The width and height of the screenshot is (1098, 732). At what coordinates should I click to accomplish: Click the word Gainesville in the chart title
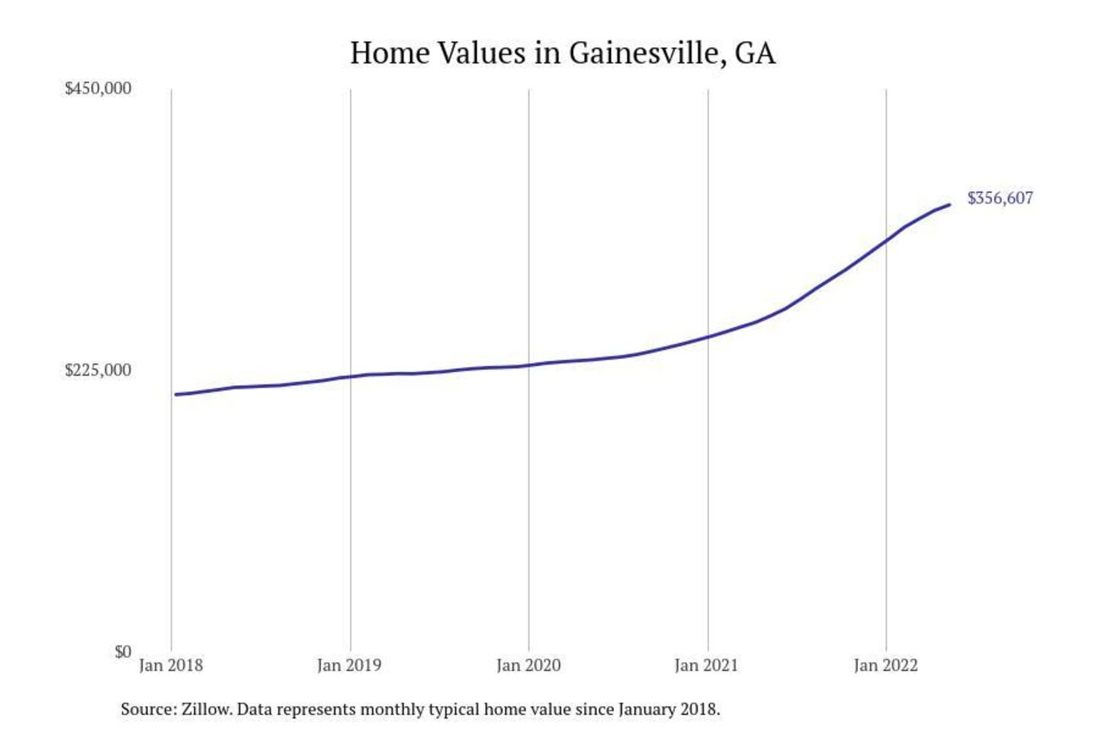pyautogui.click(x=644, y=53)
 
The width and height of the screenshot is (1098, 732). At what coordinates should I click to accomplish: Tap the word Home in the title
pyautogui.click(x=390, y=53)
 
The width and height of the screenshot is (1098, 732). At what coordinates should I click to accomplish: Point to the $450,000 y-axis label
pyautogui.click(x=98, y=88)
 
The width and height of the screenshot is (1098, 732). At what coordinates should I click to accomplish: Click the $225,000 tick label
pyautogui.click(x=98, y=371)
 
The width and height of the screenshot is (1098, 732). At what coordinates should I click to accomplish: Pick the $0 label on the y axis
pyautogui.click(x=123, y=652)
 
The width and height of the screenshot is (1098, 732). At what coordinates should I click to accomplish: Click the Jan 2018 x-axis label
pyautogui.click(x=171, y=666)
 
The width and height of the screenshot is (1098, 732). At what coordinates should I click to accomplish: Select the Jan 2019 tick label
pyautogui.click(x=349, y=666)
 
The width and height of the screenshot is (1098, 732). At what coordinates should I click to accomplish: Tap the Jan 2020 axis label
pyautogui.click(x=528, y=666)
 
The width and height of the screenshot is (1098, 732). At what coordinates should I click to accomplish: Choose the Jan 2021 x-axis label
pyautogui.click(x=707, y=666)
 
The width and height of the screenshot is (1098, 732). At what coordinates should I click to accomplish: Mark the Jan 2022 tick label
pyautogui.click(x=885, y=666)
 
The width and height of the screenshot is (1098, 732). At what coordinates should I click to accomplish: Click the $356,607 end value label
pyautogui.click(x=1000, y=198)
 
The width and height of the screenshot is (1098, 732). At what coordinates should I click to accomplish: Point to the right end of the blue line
pyautogui.click(x=949, y=204)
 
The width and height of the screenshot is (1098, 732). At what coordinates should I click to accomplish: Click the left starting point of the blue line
pyautogui.click(x=175, y=394)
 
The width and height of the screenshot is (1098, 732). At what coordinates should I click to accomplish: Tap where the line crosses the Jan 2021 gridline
pyautogui.click(x=708, y=336)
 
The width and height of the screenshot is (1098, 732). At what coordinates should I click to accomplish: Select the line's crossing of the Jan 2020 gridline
pyautogui.click(x=529, y=365)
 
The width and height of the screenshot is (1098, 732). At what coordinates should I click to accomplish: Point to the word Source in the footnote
pyautogui.click(x=147, y=709)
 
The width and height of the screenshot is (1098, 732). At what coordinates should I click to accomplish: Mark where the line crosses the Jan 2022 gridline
pyautogui.click(x=886, y=241)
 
